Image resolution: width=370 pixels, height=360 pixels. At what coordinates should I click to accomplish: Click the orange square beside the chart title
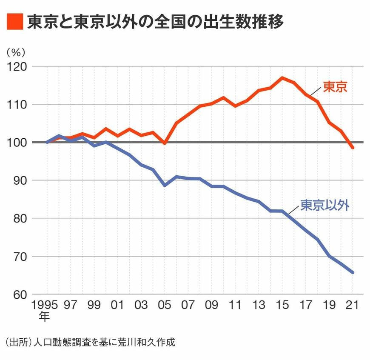coord(14,21)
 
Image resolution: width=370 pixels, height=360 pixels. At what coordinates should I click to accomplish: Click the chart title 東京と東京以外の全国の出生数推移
coord(155,21)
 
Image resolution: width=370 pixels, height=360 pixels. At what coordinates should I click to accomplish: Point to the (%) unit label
coord(16,52)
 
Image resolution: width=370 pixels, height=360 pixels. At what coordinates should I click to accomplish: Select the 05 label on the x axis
coord(165,305)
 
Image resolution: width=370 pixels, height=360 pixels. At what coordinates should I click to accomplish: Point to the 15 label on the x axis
coord(282,305)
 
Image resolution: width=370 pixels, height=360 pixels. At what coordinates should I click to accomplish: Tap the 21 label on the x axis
coord(353,305)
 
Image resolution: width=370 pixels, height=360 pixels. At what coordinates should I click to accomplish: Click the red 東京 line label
coord(335,87)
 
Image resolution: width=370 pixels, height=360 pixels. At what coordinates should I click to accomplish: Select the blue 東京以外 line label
coord(325,205)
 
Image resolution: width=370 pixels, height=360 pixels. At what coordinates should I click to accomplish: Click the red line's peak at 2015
coord(282,78)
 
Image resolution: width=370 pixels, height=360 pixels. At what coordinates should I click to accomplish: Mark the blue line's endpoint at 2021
coord(353,272)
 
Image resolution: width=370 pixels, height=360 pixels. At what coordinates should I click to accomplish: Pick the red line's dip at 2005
coord(165,143)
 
